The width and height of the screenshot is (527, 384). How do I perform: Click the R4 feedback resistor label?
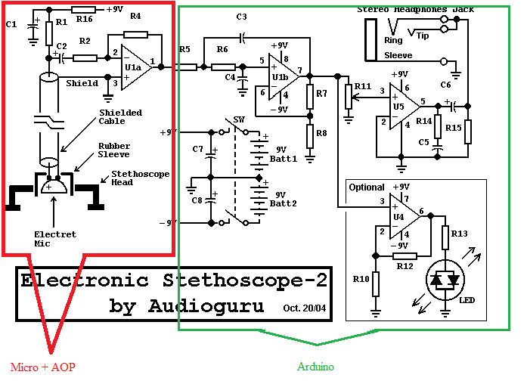tap(135, 15)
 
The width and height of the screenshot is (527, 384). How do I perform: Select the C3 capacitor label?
tap(241, 16)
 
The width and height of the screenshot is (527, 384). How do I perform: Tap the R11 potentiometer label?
tap(362, 86)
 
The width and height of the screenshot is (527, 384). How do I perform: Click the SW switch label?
tap(239, 120)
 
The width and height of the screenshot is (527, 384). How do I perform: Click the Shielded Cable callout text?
tap(120, 117)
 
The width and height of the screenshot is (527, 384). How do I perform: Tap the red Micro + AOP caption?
tap(43, 367)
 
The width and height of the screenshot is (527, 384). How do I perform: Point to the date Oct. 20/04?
tap(304, 308)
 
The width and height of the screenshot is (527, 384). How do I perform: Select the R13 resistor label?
tap(460, 234)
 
